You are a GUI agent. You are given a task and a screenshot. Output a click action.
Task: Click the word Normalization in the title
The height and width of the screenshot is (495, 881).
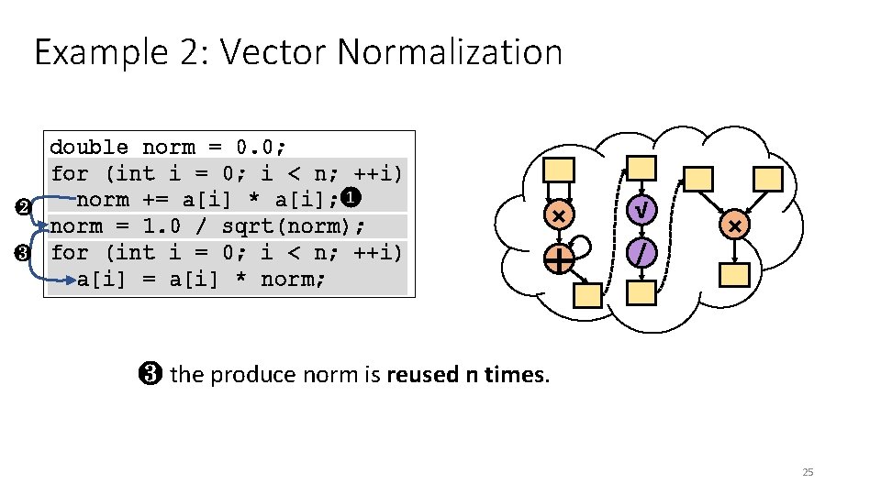coord(450,52)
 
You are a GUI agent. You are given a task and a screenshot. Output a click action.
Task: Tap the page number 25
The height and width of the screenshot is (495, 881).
coord(808,472)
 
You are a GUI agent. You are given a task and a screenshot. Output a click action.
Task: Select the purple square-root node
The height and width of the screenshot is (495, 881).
coord(643,211)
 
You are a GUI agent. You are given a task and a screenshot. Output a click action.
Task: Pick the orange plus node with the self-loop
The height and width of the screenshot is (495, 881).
coord(559,259)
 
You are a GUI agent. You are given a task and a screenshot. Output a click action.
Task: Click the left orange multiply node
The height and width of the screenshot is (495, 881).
coord(558,215)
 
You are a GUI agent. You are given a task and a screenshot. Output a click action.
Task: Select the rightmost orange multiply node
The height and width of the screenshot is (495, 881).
coord(734,225)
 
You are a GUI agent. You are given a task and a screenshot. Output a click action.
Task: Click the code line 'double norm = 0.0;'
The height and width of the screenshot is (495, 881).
coord(168,147)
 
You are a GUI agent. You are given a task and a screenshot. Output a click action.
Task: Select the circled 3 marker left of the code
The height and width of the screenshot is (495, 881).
coord(23,252)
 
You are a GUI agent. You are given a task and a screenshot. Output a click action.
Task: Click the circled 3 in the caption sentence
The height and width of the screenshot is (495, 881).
coord(152,374)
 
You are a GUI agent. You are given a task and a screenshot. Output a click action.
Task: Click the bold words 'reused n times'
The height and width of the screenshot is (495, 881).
coord(467,374)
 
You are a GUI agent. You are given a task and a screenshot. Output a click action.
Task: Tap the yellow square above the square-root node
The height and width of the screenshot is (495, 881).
coord(642,168)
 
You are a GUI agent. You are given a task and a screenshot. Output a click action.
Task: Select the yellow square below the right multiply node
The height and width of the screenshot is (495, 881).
coord(735,274)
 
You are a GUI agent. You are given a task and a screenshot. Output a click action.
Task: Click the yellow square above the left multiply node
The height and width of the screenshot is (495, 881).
coord(559,170)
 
